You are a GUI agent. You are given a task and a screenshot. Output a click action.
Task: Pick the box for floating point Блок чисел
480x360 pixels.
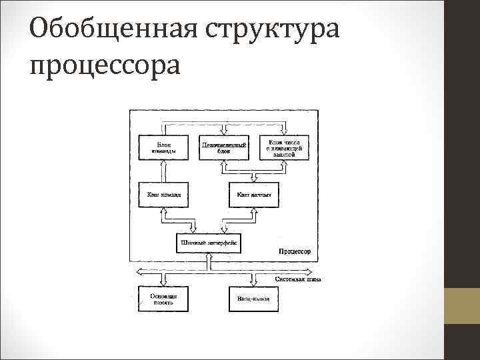point(285,147)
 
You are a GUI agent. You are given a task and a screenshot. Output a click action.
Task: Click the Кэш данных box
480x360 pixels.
point(253,195)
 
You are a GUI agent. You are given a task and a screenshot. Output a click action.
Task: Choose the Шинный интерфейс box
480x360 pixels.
point(209,243)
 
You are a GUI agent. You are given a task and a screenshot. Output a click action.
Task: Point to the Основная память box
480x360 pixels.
point(163,299)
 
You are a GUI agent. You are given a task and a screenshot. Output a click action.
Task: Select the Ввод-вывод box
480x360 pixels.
point(253,299)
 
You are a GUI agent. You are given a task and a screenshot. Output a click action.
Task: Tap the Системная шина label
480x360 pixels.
point(297,280)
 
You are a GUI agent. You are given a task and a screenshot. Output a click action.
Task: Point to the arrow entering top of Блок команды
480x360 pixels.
point(163,131)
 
